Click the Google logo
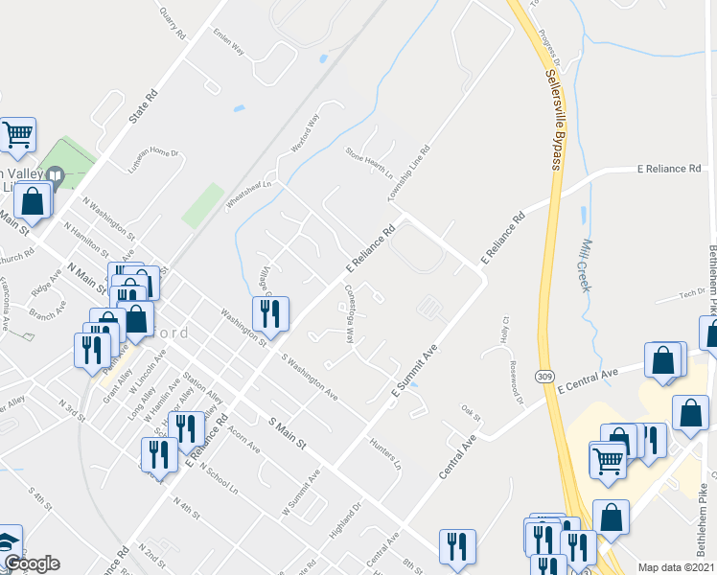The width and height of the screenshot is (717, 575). (32, 563)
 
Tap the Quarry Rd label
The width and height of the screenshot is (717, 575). (173, 20)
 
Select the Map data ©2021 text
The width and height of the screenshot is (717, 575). (677, 567)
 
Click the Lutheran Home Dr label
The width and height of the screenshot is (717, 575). (154, 160)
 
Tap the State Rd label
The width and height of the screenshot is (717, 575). (141, 110)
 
